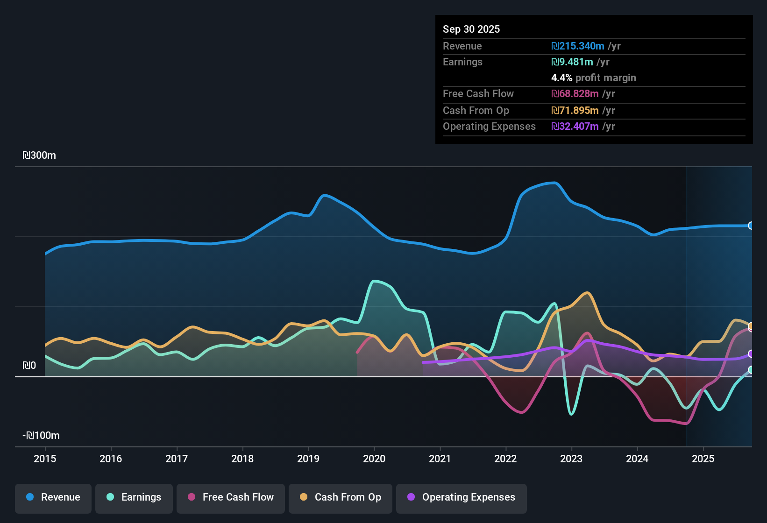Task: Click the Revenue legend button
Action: (53, 497)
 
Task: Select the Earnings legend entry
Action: (134, 497)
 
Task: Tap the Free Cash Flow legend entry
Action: (231, 497)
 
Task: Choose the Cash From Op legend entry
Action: (341, 497)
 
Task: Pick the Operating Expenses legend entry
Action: (462, 497)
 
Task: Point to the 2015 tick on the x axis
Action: (45, 459)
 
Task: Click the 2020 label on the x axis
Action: (374, 459)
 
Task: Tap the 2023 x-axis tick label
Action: (571, 459)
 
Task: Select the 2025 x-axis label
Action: (703, 459)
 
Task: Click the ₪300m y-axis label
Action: (39, 155)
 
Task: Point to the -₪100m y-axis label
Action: (41, 436)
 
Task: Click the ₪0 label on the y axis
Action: (29, 366)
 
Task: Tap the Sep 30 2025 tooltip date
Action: (471, 29)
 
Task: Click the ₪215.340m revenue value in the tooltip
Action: (578, 46)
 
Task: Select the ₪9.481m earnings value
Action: (572, 62)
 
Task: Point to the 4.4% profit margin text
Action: (594, 78)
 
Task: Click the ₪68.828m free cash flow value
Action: (575, 94)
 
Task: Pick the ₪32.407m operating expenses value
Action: (575, 127)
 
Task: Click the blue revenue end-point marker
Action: (751, 226)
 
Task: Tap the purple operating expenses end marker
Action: (751, 354)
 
